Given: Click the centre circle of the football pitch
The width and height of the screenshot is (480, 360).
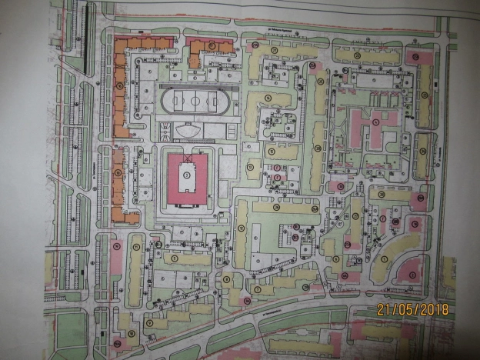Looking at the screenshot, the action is point(195,101).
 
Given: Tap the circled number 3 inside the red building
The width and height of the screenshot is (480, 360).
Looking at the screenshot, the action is point(185,177).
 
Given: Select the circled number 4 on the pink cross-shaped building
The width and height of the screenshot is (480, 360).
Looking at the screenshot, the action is point(374,121).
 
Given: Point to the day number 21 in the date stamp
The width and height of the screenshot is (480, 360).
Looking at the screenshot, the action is point(383,310).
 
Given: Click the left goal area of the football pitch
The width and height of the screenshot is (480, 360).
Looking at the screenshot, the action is point(175,101).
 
